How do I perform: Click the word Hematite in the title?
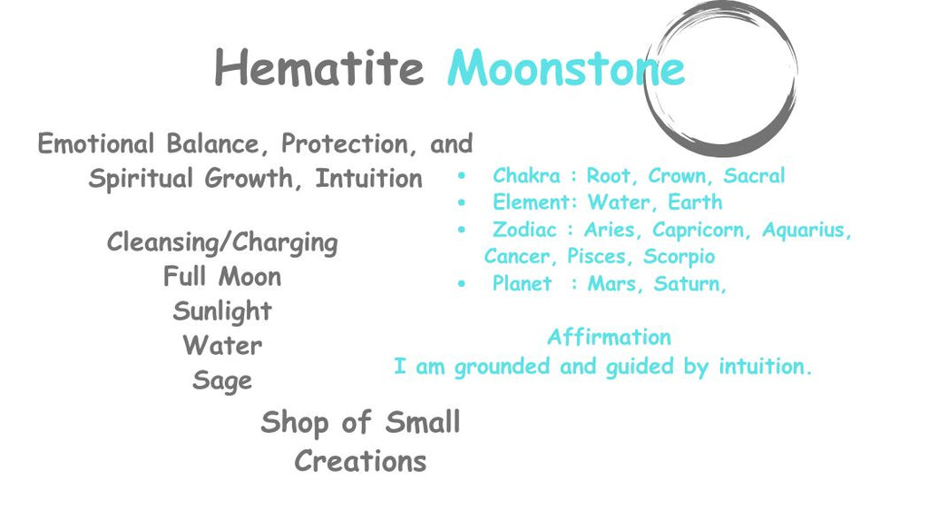pos(318,68)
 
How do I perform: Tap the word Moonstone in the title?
pos(565,68)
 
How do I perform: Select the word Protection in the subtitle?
pos(344,144)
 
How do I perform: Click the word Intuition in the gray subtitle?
pos(368,179)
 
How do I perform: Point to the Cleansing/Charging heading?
pos(222,243)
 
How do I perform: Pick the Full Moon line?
pos(222,277)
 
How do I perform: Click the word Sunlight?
pos(222,311)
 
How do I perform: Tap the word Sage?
pos(222,380)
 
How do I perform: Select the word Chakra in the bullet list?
pos(526,176)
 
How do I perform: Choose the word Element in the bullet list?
pos(532,202)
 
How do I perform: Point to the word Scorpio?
pos(680,258)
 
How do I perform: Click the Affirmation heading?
pos(609,338)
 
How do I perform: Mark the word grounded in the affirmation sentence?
pos(500,368)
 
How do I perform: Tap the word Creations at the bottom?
pos(360,461)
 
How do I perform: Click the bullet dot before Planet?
pos(462,284)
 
